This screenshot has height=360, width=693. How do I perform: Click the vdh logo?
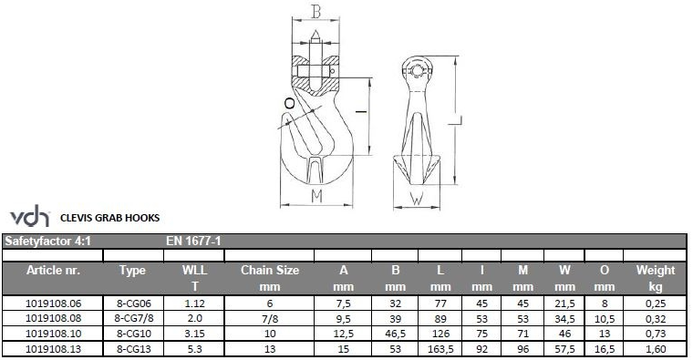[29, 216]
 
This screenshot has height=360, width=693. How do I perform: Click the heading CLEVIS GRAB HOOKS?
[110, 218]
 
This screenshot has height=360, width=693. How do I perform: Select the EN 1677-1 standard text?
[193, 242]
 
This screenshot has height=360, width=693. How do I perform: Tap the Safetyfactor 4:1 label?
[47, 242]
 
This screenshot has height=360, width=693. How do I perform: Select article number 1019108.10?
[53, 334]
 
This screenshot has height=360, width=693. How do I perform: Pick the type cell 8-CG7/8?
[134, 318]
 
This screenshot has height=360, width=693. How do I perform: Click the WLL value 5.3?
[194, 349]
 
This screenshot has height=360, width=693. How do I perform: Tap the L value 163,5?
[440, 349]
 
